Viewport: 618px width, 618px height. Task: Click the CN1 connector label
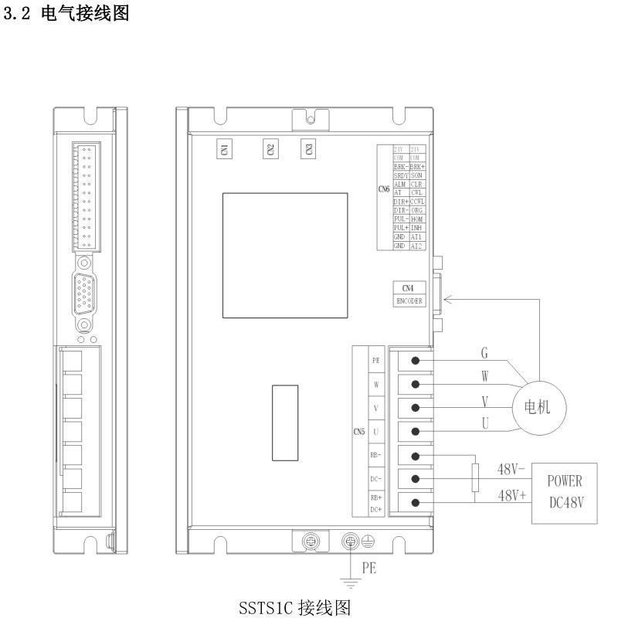tap(224, 149)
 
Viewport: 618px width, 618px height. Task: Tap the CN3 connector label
tap(309, 149)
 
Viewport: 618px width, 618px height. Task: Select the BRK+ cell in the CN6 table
tap(417, 167)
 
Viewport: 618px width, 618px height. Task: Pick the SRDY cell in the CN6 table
tap(400, 176)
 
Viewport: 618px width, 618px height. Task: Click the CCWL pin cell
tap(417, 202)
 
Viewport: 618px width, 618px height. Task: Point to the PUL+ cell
tap(400, 228)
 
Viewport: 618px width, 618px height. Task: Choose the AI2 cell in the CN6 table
tap(417, 246)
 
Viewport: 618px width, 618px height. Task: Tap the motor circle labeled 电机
tap(538, 407)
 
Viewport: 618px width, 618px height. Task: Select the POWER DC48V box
tap(571, 491)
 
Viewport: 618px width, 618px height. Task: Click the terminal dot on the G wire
tap(416, 361)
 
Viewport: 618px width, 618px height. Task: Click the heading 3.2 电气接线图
tap(66, 15)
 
